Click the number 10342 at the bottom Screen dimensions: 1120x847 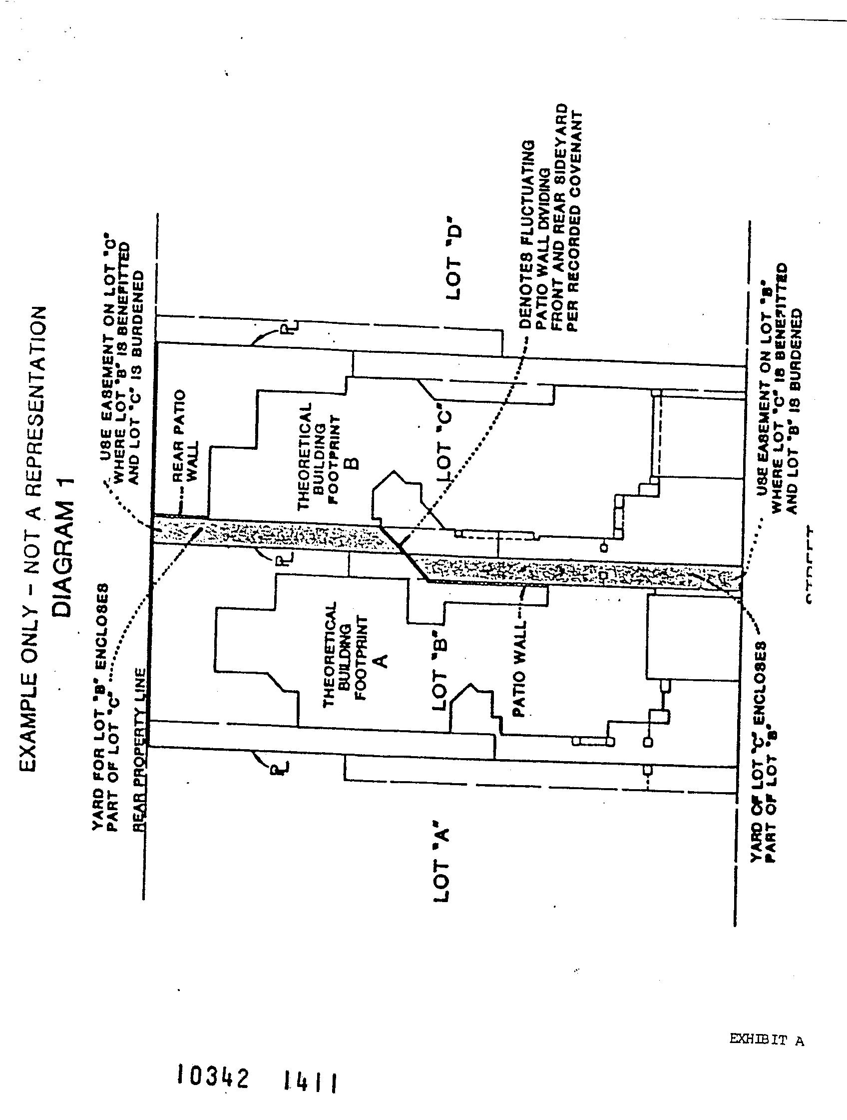pyautogui.click(x=213, y=1077)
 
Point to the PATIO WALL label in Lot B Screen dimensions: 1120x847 pyautogui.click(x=519, y=668)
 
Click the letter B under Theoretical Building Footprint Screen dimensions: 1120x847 pyautogui.click(x=354, y=462)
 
